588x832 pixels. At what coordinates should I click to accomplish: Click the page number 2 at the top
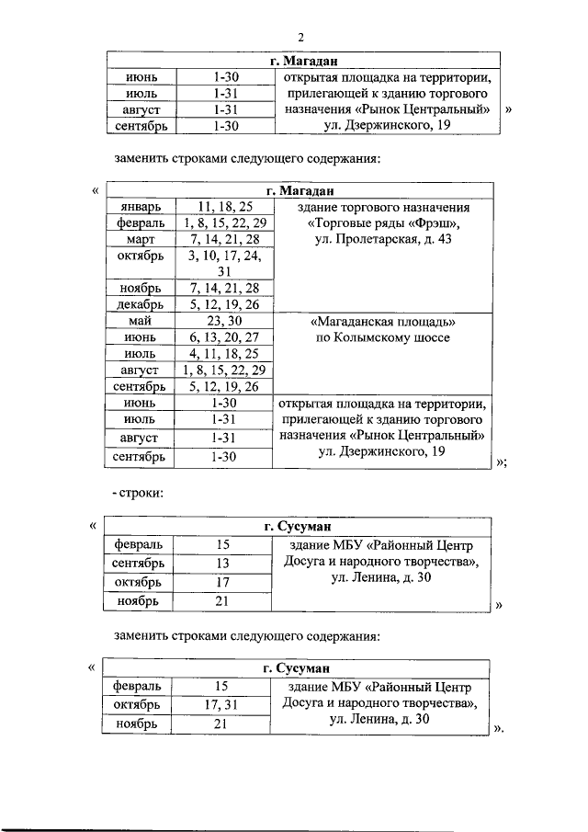tap(300, 36)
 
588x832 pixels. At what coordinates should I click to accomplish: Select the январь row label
tap(141, 208)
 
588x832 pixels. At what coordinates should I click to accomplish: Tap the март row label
tap(141, 239)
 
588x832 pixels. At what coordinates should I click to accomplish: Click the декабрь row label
tap(141, 304)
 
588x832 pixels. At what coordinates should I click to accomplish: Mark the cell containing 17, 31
tap(221, 705)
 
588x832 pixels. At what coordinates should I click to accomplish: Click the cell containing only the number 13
tap(221, 563)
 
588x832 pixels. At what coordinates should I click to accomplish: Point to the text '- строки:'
tap(137, 494)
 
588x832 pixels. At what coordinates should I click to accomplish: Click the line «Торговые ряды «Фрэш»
tap(384, 223)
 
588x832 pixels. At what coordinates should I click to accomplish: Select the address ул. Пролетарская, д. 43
tap(384, 240)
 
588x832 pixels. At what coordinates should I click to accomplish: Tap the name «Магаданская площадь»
tap(384, 322)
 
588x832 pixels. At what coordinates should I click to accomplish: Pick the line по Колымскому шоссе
tap(384, 338)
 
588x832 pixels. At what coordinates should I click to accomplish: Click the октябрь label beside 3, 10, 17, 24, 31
tap(141, 256)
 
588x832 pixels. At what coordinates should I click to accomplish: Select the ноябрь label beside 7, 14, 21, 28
tap(141, 288)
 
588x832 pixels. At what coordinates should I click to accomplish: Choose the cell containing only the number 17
tap(221, 582)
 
